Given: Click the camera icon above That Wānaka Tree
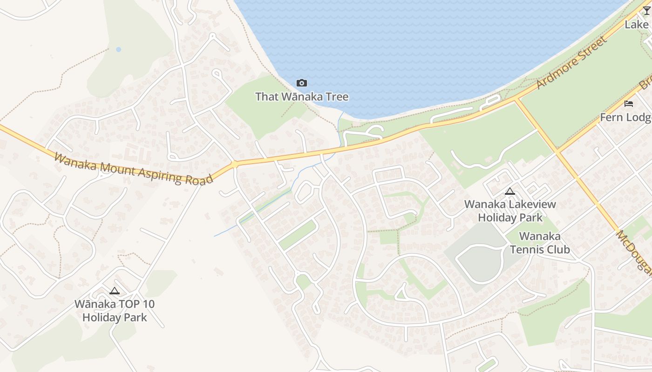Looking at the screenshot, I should click(x=302, y=83).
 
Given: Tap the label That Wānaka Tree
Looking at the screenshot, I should click(x=302, y=97).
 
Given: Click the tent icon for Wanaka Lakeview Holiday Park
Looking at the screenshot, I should click(x=510, y=191).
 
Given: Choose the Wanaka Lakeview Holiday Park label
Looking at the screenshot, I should click(x=510, y=211).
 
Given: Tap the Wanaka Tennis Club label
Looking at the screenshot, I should click(x=540, y=243).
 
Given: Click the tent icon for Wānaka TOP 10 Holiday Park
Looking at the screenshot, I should click(x=114, y=291).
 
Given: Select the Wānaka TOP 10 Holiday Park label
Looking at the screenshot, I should click(x=115, y=311).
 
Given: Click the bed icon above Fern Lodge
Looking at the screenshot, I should click(x=629, y=103).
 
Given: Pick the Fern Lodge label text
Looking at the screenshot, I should click(x=625, y=117).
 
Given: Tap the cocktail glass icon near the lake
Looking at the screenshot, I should click(x=646, y=11).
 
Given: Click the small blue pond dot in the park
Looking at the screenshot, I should click(x=118, y=49).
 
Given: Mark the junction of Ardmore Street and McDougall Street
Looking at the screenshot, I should click(x=516, y=99).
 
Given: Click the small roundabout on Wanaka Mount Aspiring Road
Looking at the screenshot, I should click(x=234, y=164).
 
